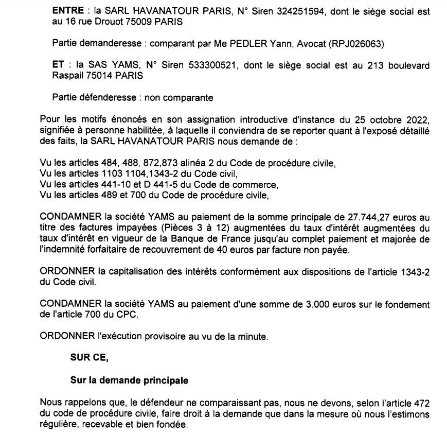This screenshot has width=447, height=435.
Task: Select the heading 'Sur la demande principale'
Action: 129,381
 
